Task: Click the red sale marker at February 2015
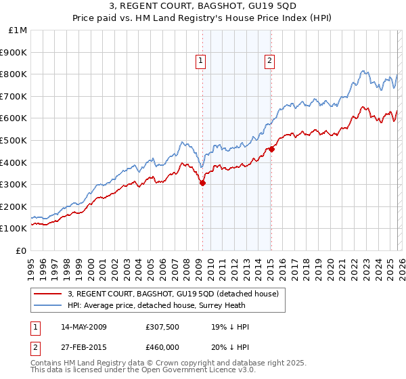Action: click(x=271, y=149)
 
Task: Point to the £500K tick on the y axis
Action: click(x=14, y=140)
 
